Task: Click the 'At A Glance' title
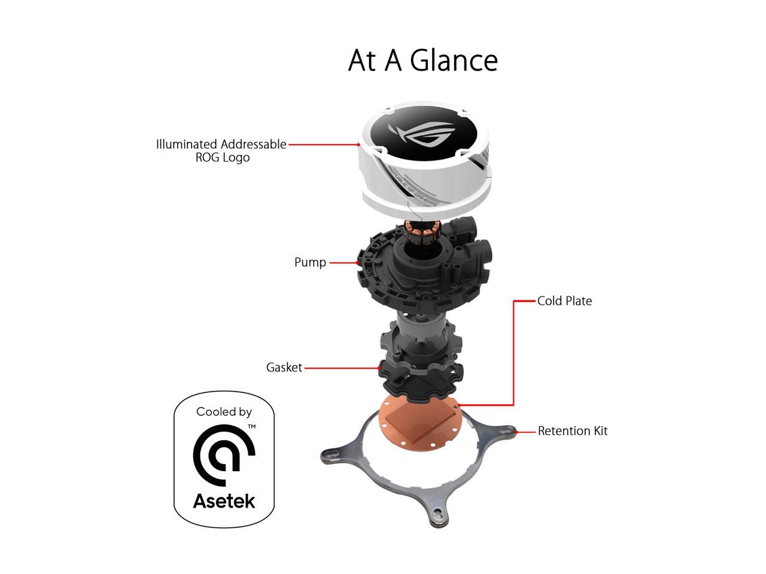point(422,60)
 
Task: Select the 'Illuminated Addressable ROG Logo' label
point(221,151)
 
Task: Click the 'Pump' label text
point(310,262)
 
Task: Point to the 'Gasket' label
point(284,368)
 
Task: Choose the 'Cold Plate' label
point(564,301)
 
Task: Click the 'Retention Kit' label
point(572,431)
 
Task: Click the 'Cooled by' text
point(224,412)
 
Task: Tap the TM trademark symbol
point(252,426)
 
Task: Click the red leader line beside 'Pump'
point(342,262)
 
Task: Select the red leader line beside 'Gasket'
point(341,368)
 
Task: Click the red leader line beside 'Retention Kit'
point(527,431)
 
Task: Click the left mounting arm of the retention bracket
point(339,454)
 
